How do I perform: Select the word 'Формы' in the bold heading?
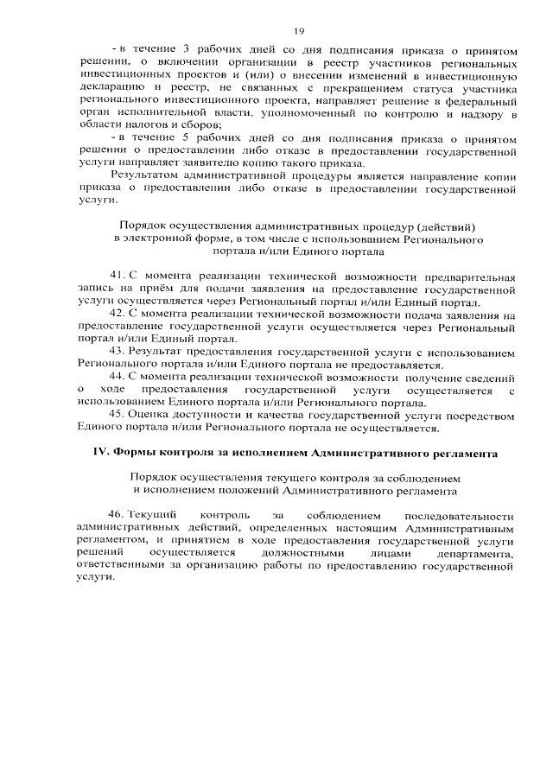pos(130,453)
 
